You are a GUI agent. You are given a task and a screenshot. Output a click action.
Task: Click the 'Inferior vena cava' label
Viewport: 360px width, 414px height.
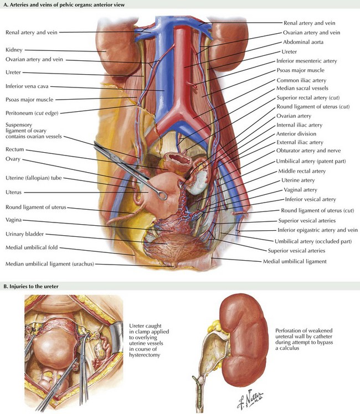[27, 86]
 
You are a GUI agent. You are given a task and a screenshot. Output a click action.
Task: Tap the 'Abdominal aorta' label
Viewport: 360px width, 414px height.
[303, 42]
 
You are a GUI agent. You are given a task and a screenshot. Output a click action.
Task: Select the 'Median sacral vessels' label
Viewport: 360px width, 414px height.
[302, 88]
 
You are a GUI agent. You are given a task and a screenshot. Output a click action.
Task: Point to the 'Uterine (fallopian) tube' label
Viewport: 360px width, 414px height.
[34, 178]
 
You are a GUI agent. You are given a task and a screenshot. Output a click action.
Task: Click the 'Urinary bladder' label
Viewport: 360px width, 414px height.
[25, 234]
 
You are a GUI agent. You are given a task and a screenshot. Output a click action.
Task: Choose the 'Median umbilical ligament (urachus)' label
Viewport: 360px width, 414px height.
[50, 264]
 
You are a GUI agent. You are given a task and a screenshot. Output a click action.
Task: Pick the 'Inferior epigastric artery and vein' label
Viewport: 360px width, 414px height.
[317, 230]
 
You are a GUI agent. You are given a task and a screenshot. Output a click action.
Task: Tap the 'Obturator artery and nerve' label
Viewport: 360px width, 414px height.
[308, 151]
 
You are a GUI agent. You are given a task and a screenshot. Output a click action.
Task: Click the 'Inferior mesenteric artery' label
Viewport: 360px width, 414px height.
[307, 61]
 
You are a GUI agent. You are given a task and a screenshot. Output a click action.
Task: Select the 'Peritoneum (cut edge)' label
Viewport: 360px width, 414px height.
[32, 113]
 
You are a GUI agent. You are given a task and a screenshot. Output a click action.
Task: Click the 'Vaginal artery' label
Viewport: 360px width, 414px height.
[300, 190]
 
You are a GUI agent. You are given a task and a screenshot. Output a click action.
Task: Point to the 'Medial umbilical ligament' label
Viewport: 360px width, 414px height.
[295, 261]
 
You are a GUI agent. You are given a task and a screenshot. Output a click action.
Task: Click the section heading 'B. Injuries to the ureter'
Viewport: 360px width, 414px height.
[30, 287]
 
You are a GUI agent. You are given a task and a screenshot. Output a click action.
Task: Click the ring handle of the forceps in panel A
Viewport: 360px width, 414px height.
[162, 195]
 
